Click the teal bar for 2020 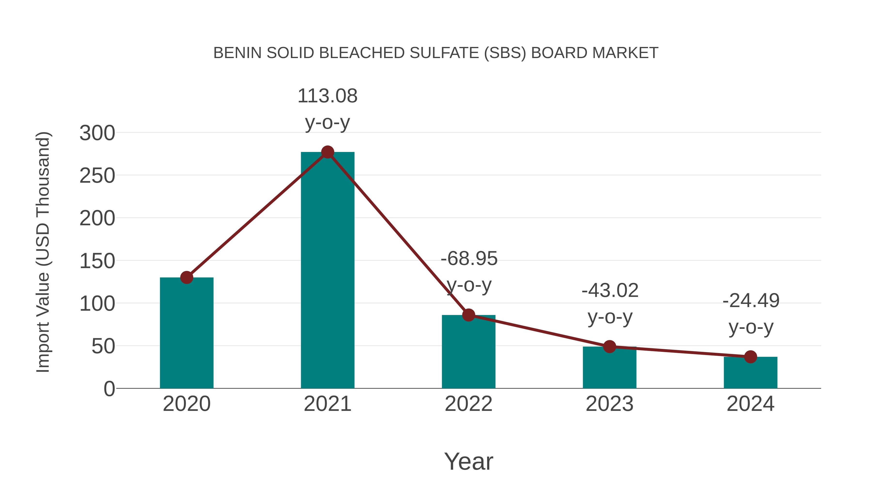coord(187,333)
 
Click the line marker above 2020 coord(187,278)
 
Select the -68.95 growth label coord(469,259)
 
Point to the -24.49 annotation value coord(751,301)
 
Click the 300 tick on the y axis coord(97,133)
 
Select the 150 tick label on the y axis coord(97,261)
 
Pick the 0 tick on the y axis coord(109,389)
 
